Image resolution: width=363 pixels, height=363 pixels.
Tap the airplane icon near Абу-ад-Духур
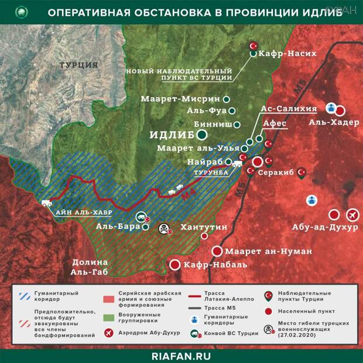[352, 214]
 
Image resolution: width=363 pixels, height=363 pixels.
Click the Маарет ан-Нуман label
[262, 251]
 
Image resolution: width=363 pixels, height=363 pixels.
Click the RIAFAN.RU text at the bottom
[181, 354]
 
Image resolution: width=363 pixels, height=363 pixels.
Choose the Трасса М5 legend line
[198, 307]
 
